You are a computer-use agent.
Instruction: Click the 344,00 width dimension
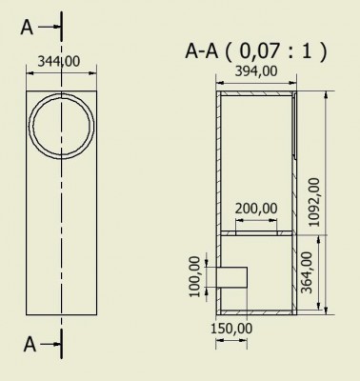point(59,61)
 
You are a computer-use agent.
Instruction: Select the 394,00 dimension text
point(256,71)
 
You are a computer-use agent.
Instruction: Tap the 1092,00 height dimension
point(314,202)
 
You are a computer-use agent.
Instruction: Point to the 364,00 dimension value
point(307,272)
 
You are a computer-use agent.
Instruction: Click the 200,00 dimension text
point(256,209)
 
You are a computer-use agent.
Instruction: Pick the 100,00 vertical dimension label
point(195,276)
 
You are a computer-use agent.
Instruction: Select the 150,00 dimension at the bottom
point(231,329)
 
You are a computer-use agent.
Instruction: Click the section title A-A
point(202,51)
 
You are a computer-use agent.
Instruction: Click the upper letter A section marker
point(27,28)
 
